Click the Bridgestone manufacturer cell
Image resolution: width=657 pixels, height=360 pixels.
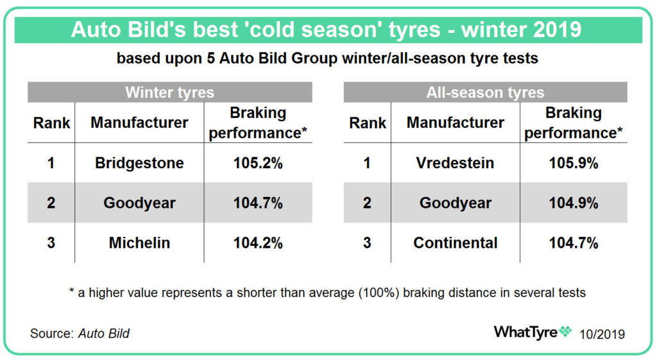tap(139, 162)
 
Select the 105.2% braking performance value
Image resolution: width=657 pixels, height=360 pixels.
tap(258, 162)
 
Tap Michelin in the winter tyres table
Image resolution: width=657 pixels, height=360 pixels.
tap(139, 243)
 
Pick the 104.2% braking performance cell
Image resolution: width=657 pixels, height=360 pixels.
tap(258, 243)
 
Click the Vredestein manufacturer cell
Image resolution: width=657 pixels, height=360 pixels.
tap(455, 162)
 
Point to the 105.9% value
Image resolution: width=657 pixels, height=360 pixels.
tap(573, 162)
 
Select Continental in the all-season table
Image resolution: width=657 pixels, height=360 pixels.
tap(455, 243)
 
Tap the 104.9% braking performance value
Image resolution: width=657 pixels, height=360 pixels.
tap(573, 203)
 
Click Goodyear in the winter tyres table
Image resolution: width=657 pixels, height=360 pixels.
tap(139, 203)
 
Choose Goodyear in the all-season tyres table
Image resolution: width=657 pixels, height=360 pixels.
tap(455, 203)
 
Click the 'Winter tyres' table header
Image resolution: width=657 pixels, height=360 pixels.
tap(169, 92)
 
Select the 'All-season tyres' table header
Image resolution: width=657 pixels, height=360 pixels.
tap(485, 92)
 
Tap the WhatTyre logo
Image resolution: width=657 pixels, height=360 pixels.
tap(533, 332)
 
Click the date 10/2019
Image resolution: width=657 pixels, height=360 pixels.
tap(602, 334)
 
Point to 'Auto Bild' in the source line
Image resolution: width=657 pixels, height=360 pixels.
tap(104, 333)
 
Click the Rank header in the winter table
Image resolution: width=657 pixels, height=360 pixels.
tap(51, 123)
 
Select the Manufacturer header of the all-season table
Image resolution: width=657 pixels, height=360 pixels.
tap(455, 123)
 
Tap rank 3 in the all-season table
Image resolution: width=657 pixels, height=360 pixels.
tap(367, 243)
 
